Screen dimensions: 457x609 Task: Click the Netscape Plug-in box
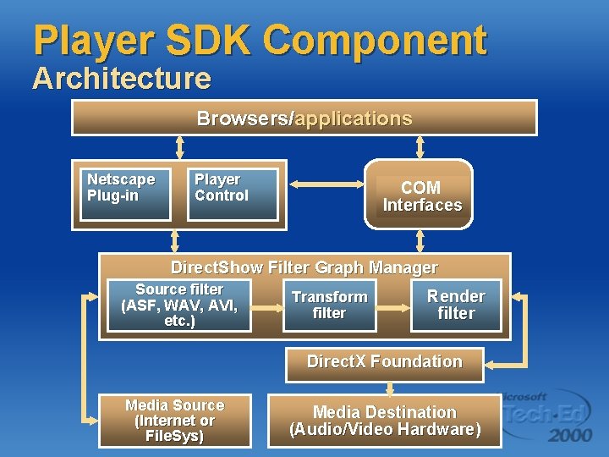pos(123,195)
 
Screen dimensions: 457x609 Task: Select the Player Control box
pos(233,195)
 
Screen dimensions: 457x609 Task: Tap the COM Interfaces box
pos(419,195)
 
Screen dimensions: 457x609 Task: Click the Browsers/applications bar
pos(304,118)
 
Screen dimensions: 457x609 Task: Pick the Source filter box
pos(180,306)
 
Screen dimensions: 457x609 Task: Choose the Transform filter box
pos(330,306)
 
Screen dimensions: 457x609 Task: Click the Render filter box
pos(456,306)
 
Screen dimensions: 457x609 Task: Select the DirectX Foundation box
pos(384,362)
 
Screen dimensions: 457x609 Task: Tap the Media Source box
pos(174,421)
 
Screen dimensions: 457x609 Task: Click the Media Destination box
pos(385,421)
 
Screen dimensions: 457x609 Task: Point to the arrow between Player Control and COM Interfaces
pos(325,184)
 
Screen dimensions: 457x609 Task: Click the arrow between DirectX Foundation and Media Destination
pos(389,388)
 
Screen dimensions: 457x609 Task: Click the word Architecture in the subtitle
pos(122,79)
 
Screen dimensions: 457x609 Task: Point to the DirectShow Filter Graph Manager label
pos(304,267)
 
